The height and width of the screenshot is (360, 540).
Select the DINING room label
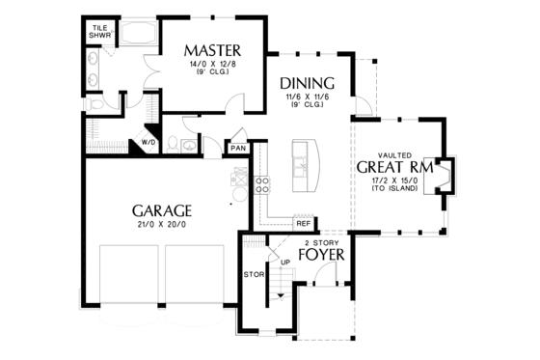pos(307,83)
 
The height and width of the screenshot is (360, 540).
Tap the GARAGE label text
pos(161,210)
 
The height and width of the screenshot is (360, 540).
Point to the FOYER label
pos(322,256)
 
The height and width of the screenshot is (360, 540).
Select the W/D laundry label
pos(149,142)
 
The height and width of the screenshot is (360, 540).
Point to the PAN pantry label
pos(237,149)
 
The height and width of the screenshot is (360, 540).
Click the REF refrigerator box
pos(303,223)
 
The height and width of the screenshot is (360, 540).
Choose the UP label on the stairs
pos(283,261)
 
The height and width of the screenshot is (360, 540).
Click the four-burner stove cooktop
pos(260,185)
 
